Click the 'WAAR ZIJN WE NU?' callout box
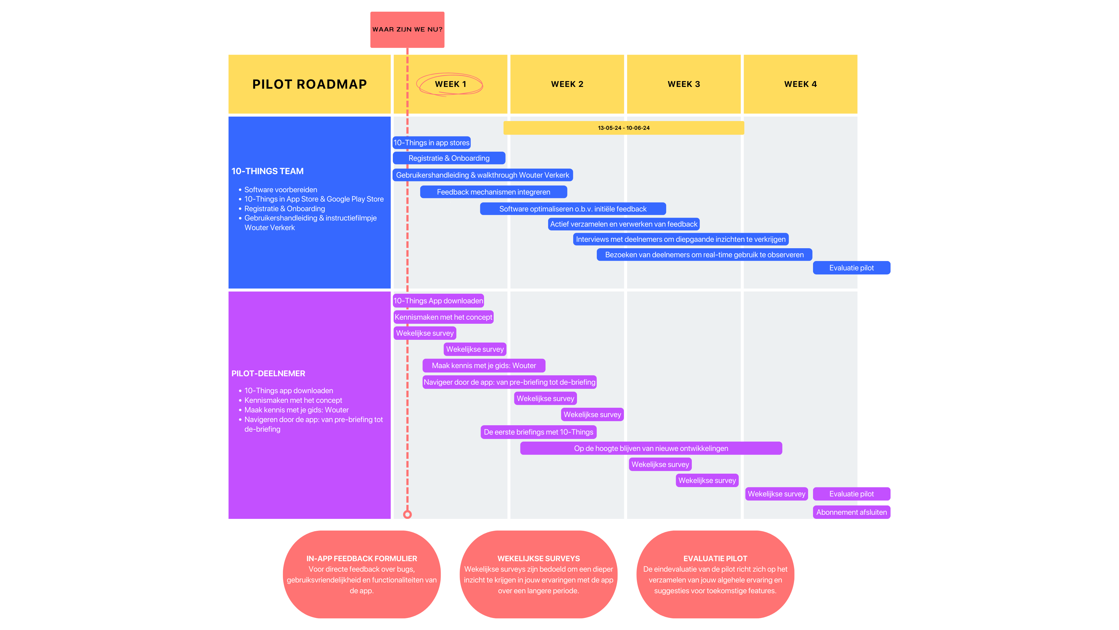click(x=407, y=29)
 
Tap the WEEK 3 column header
click(x=684, y=84)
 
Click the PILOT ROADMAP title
click(x=309, y=84)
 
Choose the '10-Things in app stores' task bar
click(x=431, y=143)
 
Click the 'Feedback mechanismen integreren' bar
click(x=493, y=192)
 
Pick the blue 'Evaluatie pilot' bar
click(x=851, y=268)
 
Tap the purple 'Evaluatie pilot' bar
click(x=851, y=494)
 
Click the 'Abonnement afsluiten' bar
click(x=851, y=512)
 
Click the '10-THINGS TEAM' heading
click(x=268, y=171)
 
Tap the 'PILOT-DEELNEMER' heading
click(x=268, y=373)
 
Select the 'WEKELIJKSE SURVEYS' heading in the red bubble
click(x=539, y=558)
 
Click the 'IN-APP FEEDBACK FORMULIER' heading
click(x=361, y=558)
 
